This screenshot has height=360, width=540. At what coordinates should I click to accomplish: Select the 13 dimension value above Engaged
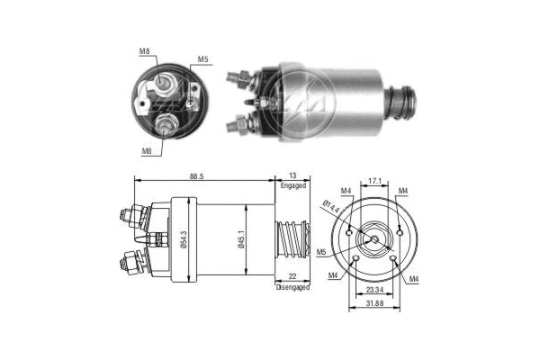click(x=292, y=176)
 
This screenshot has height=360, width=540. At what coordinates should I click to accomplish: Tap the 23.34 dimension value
click(x=376, y=292)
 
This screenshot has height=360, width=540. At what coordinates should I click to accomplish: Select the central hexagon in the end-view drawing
click(x=376, y=237)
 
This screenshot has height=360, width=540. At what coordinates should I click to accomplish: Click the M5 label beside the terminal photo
click(x=203, y=60)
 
